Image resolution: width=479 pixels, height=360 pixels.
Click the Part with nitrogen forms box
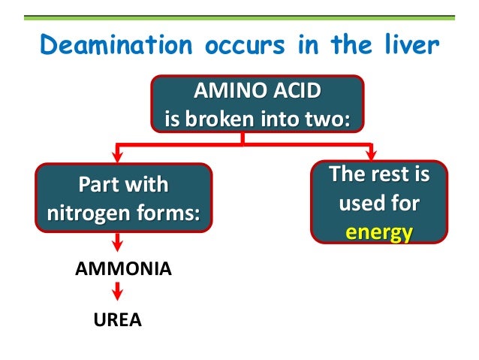(124, 198)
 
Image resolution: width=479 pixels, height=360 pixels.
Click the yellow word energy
(378, 232)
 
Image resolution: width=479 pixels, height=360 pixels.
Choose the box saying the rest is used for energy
(378, 204)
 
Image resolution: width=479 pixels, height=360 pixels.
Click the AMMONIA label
(123, 268)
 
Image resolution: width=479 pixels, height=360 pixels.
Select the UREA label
(118, 321)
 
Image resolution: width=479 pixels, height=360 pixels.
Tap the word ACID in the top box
(296, 91)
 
